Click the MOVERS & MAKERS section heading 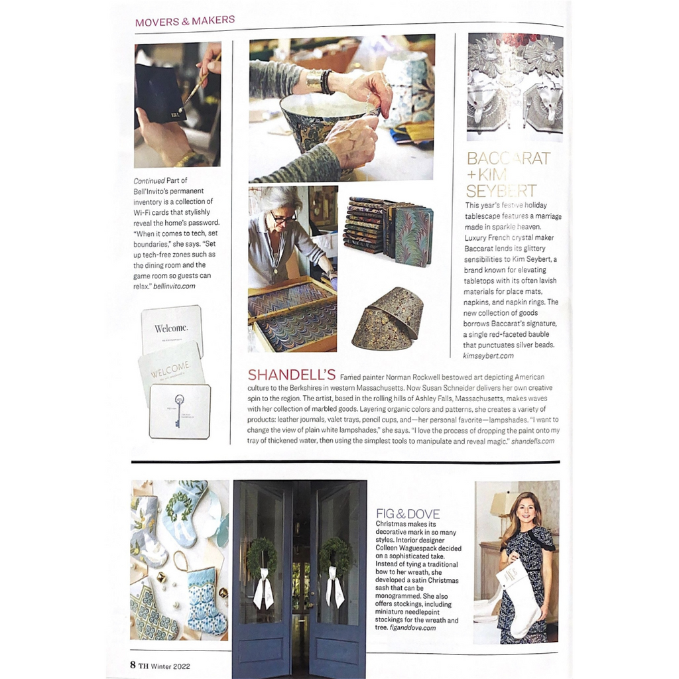click(184, 21)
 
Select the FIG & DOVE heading click(408, 514)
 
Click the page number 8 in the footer click(133, 664)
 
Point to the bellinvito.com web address click(175, 286)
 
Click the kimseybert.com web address click(489, 355)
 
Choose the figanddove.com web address click(406, 627)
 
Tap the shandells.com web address click(532, 441)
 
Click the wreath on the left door click(262, 556)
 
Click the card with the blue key click(179, 411)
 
